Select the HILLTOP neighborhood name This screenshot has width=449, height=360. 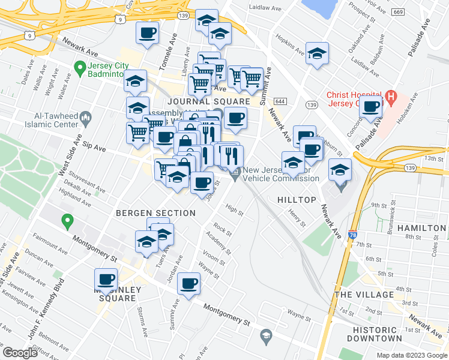click(297, 199)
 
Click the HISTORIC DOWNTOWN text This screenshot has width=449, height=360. click(366, 335)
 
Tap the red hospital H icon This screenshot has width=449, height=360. click(391, 96)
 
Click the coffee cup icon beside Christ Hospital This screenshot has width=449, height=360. click(372, 107)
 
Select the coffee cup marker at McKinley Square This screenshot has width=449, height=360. click(107, 279)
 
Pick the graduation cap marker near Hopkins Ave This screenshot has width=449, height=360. click(317, 55)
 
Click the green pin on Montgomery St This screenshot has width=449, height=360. click(68, 221)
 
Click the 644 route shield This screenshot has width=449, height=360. click(282, 101)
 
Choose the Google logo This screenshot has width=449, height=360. click(20, 353)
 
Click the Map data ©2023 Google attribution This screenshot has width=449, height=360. click(411, 355)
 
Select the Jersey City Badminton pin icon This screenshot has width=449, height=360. click(79, 67)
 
